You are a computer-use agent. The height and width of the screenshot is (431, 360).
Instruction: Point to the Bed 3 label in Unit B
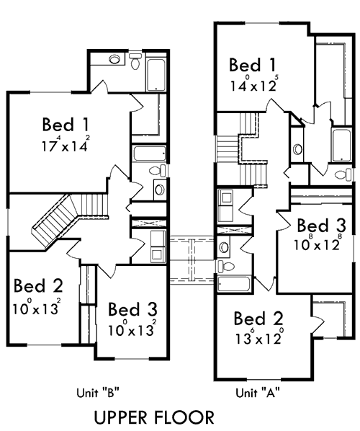coord(132,309)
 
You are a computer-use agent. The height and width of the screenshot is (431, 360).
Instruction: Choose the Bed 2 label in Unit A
coord(259,319)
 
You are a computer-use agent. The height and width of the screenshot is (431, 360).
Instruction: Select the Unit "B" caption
coord(97,393)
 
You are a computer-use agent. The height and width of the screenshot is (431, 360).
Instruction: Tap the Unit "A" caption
coord(258,393)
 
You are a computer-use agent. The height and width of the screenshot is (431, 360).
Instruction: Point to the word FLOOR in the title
coord(186,417)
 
